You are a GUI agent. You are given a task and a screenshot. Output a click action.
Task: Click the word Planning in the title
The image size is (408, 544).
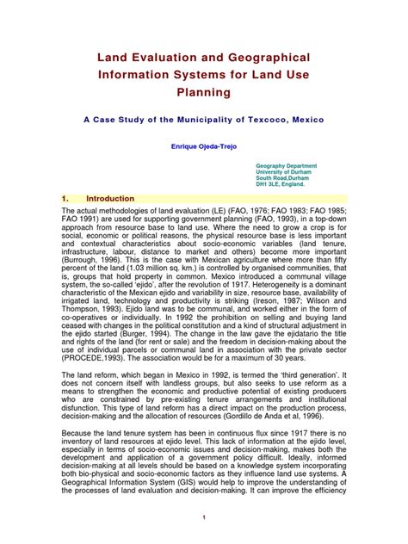click(x=204, y=90)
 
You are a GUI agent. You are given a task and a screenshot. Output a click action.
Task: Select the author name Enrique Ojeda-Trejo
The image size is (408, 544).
click(x=203, y=146)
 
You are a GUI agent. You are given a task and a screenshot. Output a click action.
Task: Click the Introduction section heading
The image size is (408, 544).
click(x=110, y=198)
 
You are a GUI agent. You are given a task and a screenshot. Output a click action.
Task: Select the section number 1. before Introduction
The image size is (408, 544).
click(x=65, y=198)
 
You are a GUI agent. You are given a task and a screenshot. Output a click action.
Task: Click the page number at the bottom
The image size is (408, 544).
click(x=203, y=516)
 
